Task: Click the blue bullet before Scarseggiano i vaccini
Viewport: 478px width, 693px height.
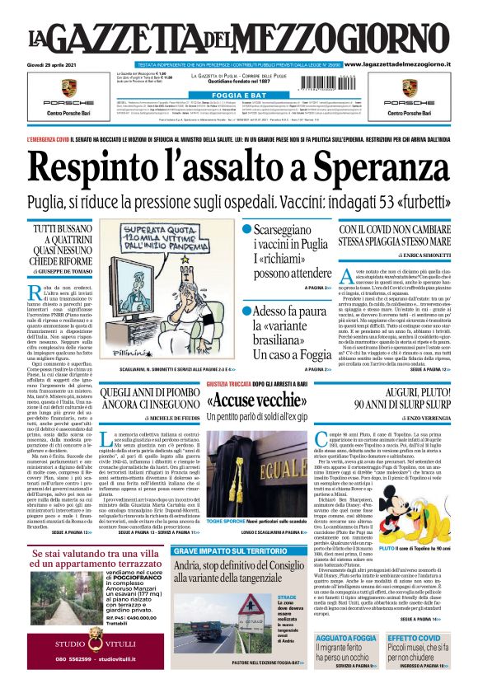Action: pos(246,228)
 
